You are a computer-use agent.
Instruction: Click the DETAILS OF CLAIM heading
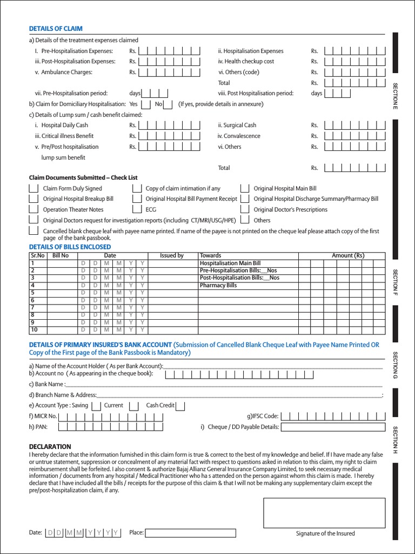point(56,29)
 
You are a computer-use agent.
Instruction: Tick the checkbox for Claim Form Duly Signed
point(34,189)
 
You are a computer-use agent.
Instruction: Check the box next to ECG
point(136,209)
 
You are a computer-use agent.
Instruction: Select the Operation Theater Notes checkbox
point(34,209)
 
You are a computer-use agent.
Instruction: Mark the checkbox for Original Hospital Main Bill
point(244,189)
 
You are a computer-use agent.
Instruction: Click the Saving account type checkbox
point(96,406)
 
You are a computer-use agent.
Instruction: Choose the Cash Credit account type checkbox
point(180,406)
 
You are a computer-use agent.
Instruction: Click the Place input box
point(190,533)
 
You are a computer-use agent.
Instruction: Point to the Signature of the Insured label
point(325,533)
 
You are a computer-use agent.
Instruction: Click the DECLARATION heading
point(50,446)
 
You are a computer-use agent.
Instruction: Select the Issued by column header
point(172,255)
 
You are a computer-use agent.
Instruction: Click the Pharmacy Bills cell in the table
point(218,285)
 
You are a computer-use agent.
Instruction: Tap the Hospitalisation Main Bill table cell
point(230,263)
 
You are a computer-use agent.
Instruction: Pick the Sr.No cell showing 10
point(35,329)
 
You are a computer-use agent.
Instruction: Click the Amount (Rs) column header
point(348,255)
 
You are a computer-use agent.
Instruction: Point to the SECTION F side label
point(395,281)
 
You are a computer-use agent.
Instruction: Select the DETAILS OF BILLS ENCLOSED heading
point(70,247)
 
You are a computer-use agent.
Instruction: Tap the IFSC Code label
point(263,416)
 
